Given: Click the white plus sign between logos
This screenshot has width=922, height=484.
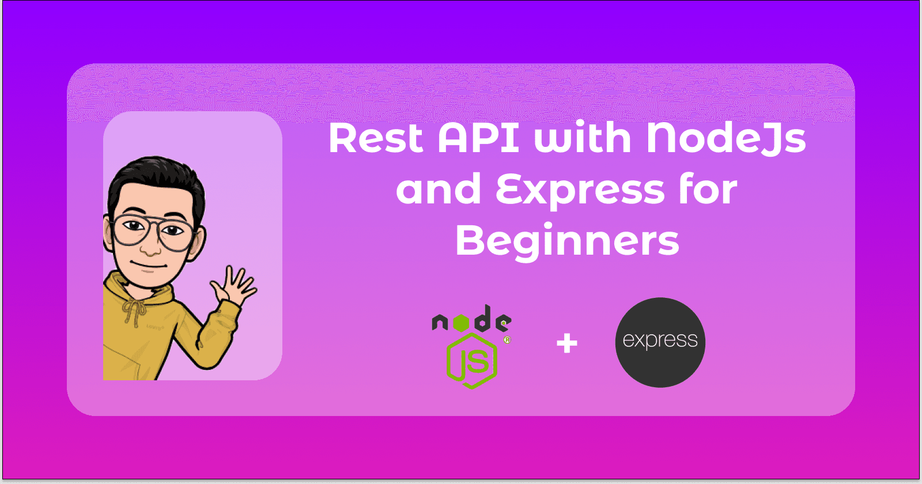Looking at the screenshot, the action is (x=567, y=343).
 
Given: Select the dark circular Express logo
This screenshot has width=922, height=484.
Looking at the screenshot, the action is (x=660, y=342).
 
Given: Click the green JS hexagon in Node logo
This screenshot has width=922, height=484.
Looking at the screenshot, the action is (x=472, y=361).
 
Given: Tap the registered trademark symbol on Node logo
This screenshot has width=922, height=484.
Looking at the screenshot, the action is (x=507, y=340).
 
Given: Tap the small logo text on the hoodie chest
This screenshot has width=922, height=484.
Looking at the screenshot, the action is (x=155, y=328).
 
